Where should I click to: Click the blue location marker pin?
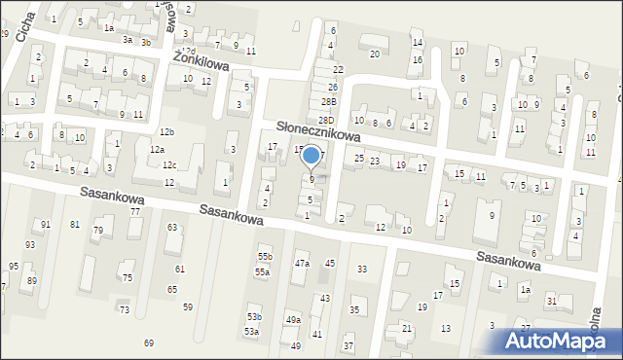click(x=311, y=156)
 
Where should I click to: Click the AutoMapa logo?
click(x=554, y=340)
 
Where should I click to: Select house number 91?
click(x=46, y=225)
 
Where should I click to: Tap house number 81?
click(x=75, y=225)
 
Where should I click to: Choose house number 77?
click(x=135, y=211)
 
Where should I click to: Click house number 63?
click(x=172, y=227)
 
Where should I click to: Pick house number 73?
click(x=124, y=309)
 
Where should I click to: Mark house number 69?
click(x=149, y=342)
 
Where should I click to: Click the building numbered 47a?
click(x=302, y=264)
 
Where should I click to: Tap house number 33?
click(x=362, y=269)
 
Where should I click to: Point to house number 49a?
click(x=293, y=319)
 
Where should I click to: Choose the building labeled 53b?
click(x=254, y=317)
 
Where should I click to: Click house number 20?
click(x=375, y=54)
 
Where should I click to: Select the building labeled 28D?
click(x=326, y=120)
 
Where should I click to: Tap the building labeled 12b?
click(x=167, y=131)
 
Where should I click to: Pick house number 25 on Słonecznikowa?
click(x=359, y=158)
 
